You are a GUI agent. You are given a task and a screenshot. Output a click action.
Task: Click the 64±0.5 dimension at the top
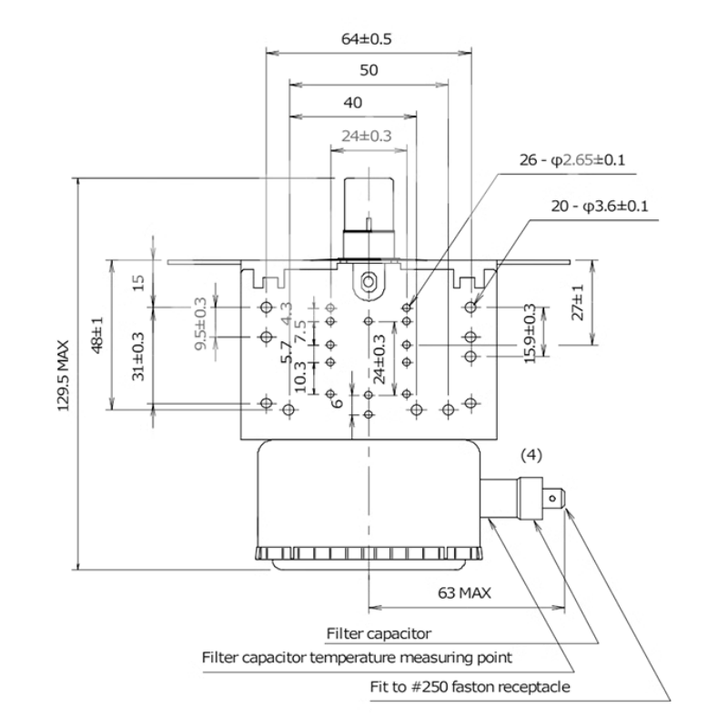368,39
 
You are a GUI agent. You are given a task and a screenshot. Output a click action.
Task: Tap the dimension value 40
354,103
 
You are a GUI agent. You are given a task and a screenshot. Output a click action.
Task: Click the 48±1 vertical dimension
97,337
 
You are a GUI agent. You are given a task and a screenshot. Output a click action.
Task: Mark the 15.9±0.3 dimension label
531,334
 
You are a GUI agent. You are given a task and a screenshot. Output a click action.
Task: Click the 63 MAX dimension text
464,593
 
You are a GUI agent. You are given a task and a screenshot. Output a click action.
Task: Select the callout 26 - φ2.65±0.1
571,161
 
